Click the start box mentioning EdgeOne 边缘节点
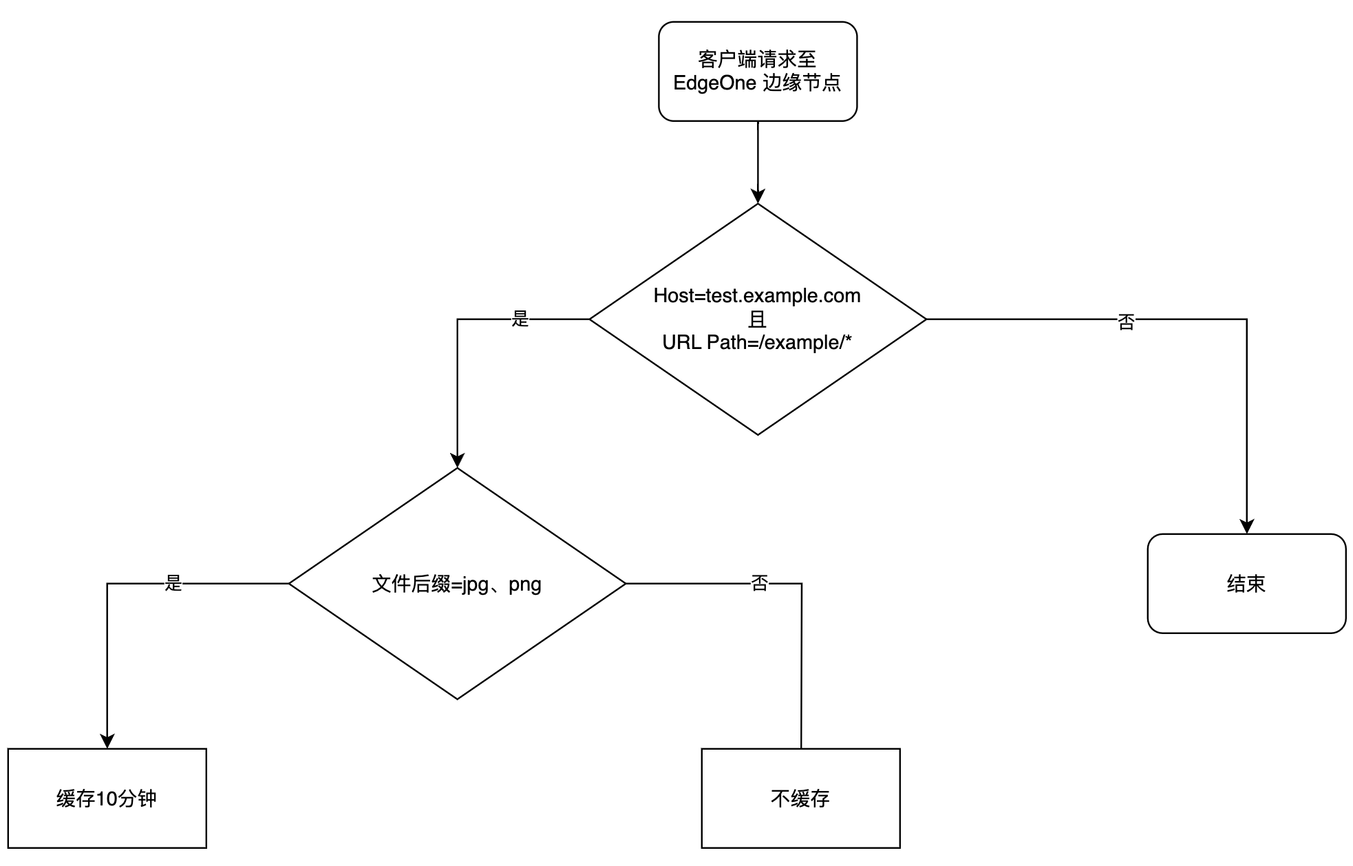[x=758, y=72]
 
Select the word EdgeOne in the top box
[x=714, y=83]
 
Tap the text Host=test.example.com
[x=757, y=295]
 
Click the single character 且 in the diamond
[x=757, y=319]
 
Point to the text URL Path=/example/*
[x=757, y=342]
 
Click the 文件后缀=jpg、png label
[x=457, y=584]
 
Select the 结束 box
[x=1246, y=584]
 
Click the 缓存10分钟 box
[x=107, y=799]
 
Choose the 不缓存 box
[x=801, y=799]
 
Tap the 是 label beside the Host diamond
[x=520, y=319]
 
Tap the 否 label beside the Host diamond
[x=1126, y=322]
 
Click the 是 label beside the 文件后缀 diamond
[x=173, y=583]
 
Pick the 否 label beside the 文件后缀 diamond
[x=759, y=584]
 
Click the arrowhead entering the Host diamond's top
[x=758, y=196]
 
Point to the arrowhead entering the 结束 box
[x=1247, y=526]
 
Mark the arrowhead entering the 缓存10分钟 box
[x=107, y=741]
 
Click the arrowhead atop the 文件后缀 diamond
[x=458, y=461]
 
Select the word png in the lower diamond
[x=525, y=585]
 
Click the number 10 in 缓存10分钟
[x=107, y=799]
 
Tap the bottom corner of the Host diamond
[x=758, y=435]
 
